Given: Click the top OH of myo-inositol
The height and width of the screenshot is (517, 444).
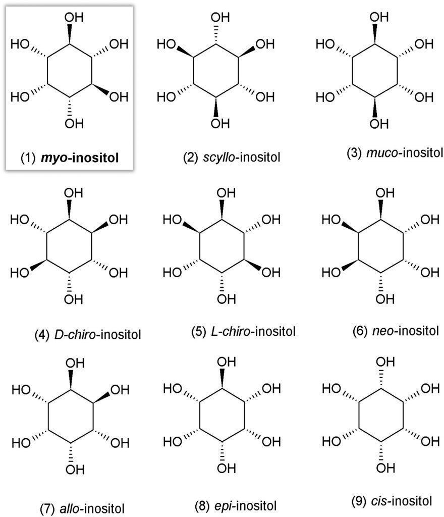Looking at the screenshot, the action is tap(74, 17).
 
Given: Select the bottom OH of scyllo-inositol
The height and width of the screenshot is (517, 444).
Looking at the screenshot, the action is tap(220, 124).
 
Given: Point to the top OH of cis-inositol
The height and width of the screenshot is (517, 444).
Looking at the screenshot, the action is tap(385, 361).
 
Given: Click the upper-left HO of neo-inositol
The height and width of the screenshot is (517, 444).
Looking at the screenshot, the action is tap(331, 219).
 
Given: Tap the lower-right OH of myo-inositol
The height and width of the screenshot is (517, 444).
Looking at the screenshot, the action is tap(119, 97).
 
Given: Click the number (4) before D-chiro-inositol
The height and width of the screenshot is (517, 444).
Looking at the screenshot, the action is tap(41, 335).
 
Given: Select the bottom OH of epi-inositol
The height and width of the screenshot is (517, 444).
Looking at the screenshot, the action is tap(226, 468).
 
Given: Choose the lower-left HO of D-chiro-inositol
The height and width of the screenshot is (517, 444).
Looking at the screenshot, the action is tap(20, 273).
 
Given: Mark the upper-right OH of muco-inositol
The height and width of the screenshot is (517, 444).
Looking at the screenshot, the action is tap(424, 44).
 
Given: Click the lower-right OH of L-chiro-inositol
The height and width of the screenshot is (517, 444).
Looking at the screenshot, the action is tap(271, 272).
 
